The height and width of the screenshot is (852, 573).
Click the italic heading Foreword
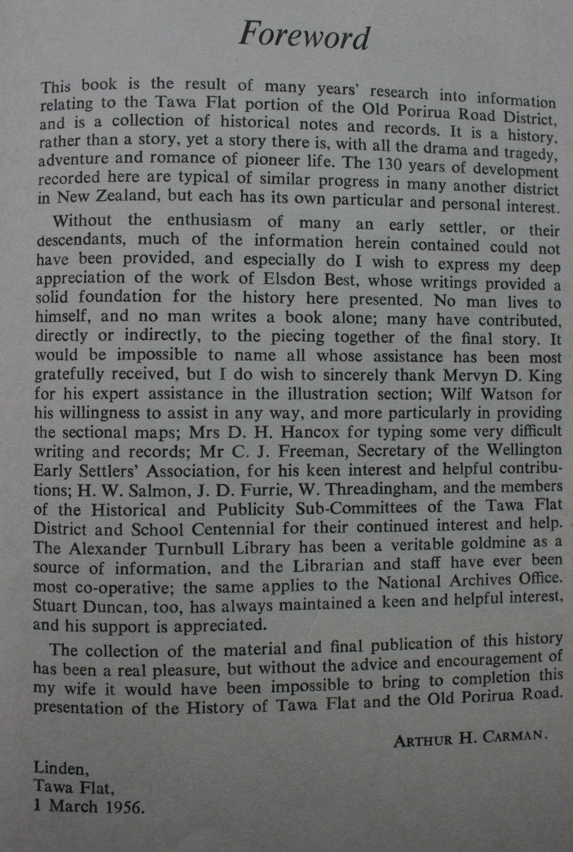click(x=304, y=36)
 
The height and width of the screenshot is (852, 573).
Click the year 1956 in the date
click(x=119, y=808)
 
